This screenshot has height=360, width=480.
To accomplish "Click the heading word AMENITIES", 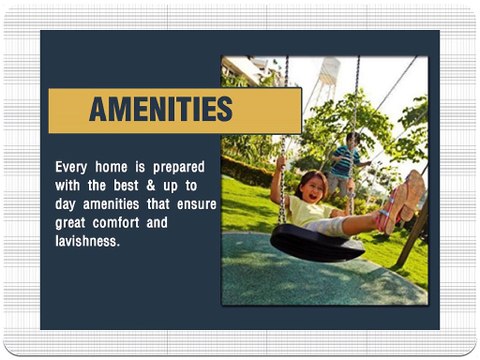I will click(160, 109).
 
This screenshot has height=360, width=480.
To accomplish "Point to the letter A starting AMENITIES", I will click(99, 109).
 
